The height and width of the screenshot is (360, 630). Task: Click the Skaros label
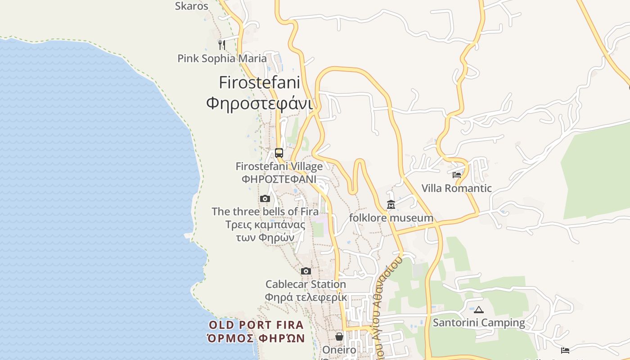192,6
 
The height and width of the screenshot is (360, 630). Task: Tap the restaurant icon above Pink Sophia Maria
221,45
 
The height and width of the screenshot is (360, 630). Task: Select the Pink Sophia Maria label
222,58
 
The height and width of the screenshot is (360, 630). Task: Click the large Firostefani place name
259,83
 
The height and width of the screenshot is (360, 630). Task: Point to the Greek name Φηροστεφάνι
259,103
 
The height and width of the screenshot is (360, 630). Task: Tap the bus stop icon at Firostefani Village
279,153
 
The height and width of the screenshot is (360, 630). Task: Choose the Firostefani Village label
279,166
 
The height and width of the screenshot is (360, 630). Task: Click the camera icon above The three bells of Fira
265,198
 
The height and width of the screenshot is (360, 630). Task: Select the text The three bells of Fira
265,211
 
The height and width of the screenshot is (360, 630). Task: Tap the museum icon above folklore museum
391,205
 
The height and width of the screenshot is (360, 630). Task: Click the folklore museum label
391,218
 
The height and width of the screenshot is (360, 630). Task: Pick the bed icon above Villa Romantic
457,175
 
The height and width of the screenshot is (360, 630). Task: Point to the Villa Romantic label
457,188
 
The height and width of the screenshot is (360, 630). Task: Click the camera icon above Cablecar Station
306,271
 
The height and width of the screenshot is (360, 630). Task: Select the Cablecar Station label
306,284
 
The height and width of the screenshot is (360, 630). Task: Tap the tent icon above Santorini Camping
479,310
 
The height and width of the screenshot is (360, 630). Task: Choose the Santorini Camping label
479,323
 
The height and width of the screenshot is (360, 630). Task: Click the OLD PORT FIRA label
256,325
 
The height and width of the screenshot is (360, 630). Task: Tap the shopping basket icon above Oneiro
339,337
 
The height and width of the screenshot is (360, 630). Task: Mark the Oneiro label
339,350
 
